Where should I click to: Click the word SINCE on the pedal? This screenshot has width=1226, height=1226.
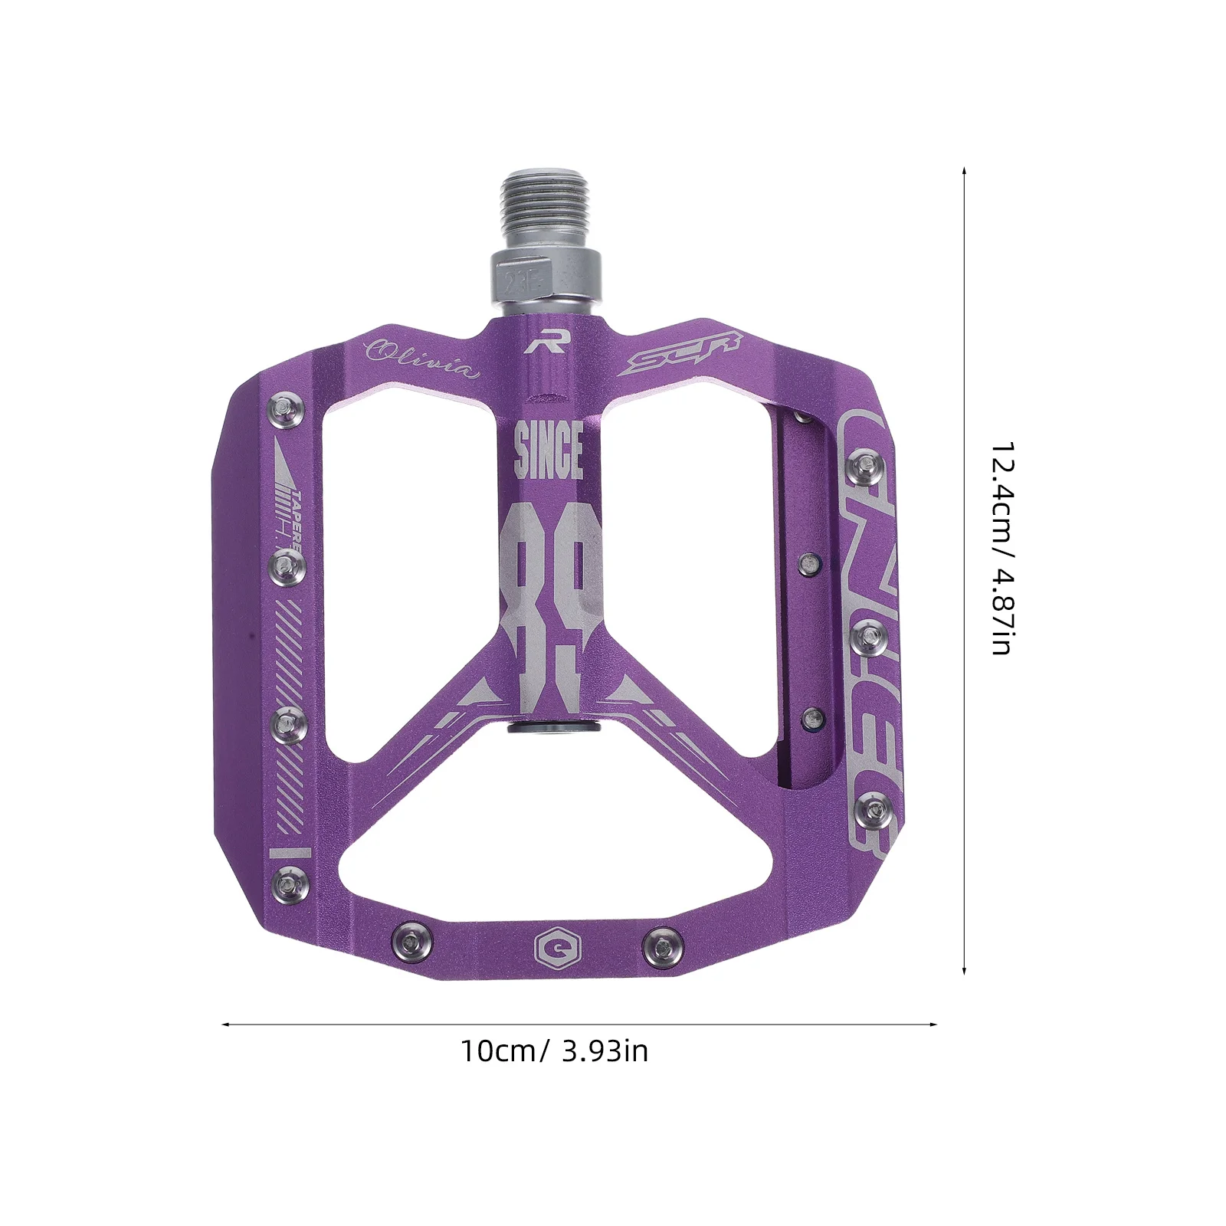pos(548,451)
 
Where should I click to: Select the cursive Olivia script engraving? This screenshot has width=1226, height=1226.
pos(422,358)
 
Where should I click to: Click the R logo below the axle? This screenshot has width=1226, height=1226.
pos(545,343)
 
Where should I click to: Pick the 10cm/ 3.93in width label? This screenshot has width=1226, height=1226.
pos(553,1051)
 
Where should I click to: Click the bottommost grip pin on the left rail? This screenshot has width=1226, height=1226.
pos(289,883)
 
